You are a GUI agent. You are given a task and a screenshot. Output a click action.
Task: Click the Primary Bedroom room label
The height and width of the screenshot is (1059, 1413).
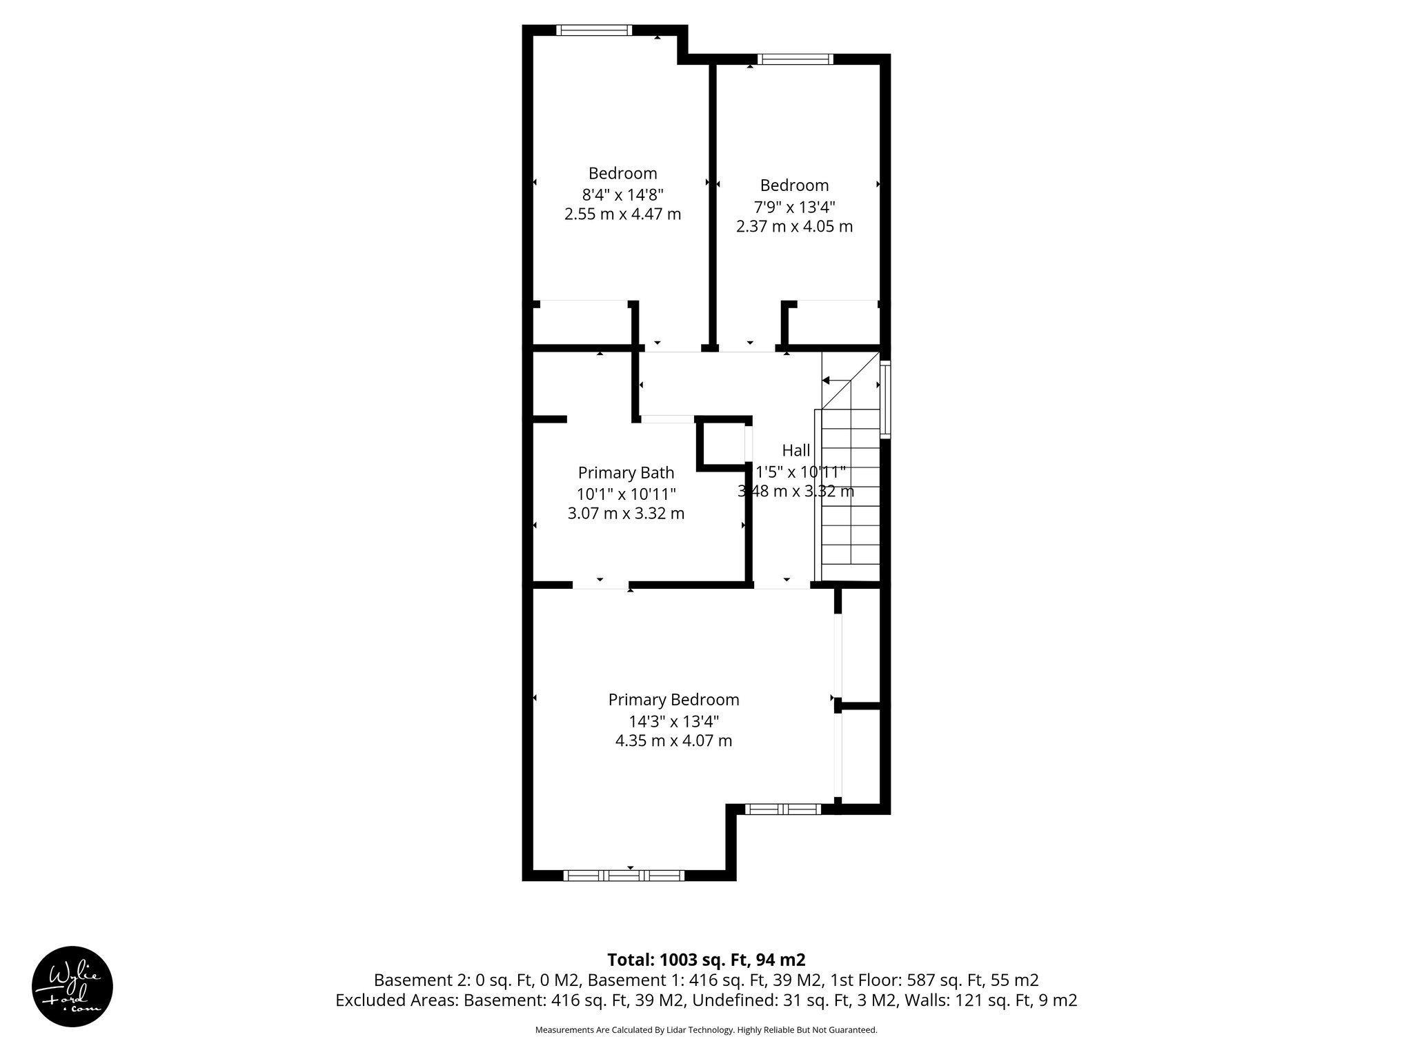point(673,700)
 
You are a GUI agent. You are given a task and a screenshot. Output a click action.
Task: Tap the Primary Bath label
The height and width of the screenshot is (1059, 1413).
point(626,472)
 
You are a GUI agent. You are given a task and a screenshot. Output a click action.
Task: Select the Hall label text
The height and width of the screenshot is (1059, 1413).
point(796,450)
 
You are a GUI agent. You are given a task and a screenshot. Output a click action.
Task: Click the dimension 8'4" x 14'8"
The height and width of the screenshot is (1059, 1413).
point(622,194)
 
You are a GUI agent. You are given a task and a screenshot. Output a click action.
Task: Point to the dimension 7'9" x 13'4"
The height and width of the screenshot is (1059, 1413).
point(794,206)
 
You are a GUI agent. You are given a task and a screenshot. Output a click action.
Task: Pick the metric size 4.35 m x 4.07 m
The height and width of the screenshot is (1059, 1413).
point(673,741)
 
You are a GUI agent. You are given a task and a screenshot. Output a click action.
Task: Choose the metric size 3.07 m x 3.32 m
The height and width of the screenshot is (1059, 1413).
point(626,514)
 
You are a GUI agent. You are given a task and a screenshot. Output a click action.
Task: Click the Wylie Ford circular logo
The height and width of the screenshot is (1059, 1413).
point(72,986)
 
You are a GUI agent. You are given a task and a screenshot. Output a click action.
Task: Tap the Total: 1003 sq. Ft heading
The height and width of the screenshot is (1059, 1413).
point(706,960)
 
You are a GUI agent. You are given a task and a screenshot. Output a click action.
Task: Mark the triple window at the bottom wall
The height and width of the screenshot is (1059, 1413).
point(624,876)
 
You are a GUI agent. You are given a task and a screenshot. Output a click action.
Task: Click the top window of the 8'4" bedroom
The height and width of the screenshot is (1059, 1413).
point(593,30)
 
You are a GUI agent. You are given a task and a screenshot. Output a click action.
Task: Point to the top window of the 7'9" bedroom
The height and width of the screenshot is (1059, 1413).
point(795,59)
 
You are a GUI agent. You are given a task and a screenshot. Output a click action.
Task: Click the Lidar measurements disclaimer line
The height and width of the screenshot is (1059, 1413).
point(706,1030)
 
